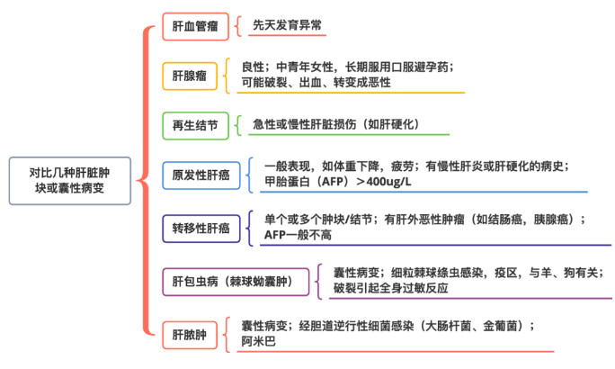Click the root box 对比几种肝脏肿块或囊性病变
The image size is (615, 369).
coord(70,181)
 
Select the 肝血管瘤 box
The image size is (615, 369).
coord(195,26)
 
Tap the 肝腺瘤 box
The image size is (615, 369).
coord(190,76)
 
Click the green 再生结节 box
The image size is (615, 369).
coord(195,126)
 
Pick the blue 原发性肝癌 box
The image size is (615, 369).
coord(201,175)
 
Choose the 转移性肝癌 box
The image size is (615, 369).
coord(201,228)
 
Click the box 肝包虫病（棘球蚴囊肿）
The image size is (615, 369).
coord(236,282)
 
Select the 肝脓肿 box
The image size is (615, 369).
coord(190,335)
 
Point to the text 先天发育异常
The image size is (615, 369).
coord(287,25)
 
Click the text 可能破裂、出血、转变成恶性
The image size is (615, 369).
coord(316,83)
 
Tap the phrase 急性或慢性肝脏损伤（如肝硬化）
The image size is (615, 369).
coord(335,124)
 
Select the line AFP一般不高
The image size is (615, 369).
coord(298,235)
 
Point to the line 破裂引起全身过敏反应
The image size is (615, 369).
coord(390,288)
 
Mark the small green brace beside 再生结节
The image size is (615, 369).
coord(237,126)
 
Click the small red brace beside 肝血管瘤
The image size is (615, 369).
coord(237,26)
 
